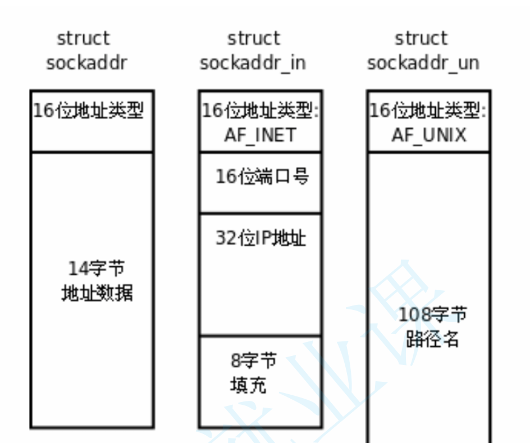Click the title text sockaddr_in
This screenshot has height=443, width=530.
(253, 63)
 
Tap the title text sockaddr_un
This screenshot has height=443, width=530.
(423, 63)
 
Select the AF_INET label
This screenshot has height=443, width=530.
(260, 135)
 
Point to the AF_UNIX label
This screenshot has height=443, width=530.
(429, 135)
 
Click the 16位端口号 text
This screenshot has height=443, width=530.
(262, 177)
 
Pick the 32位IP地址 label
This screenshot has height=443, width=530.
(261, 238)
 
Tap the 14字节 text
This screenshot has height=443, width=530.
(96, 268)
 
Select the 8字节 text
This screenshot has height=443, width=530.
(253, 360)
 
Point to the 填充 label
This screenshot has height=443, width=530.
(248, 385)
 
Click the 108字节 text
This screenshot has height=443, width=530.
(432, 315)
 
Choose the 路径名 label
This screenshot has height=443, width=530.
(432, 339)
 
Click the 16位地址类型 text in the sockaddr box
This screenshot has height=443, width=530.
(89, 111)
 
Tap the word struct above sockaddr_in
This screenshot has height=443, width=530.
(253, 39)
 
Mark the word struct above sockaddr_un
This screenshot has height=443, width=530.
(421, 39)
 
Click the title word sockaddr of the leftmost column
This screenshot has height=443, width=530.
(86, 63)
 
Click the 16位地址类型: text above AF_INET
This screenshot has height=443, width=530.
(261, 111)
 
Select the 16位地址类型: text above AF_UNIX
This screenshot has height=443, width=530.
(428, 111)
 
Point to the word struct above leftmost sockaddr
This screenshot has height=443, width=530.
(83, 39)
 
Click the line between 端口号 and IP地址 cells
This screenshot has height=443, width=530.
(260, 213)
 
